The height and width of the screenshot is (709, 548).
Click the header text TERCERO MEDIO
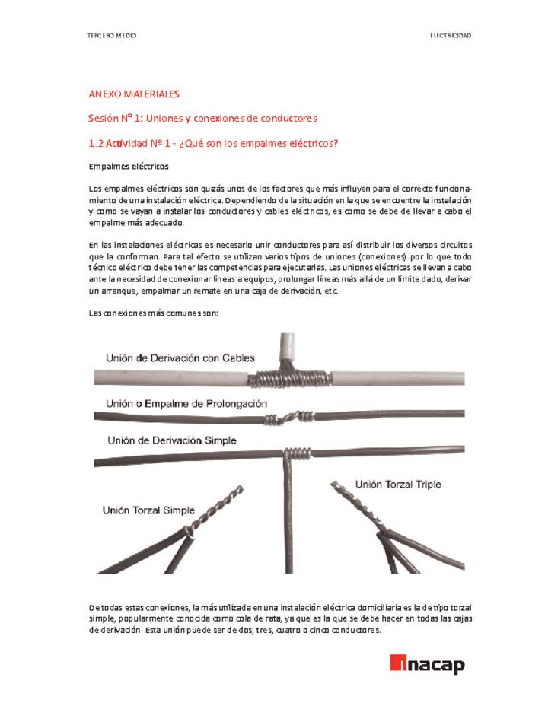[111, 36]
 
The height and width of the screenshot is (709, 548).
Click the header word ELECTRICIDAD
[451, 36]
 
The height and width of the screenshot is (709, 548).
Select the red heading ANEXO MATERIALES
[134, 94]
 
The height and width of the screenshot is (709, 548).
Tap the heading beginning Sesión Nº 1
[202, 119]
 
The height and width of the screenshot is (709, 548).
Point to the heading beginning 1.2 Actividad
[213, 143]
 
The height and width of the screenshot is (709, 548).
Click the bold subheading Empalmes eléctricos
[129, 166]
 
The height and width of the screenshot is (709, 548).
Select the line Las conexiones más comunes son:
[154, 313]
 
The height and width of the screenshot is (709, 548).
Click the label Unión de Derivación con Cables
[180, 358]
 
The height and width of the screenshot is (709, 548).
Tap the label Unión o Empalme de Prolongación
[186, 403]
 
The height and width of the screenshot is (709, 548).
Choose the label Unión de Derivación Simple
[172, 440]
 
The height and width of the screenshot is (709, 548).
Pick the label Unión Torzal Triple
[398, 485]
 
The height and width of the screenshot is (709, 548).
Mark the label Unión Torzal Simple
[148, 510]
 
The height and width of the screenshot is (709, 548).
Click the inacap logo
[427, 664]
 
